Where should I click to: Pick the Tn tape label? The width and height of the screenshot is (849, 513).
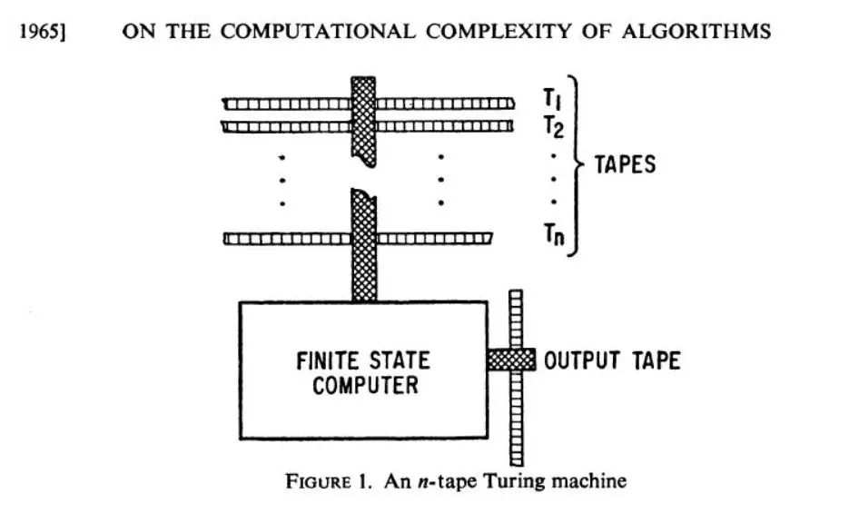point(554,238)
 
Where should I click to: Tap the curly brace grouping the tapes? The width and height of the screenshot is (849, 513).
point(577,165)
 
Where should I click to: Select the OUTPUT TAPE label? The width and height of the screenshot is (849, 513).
point(612,360)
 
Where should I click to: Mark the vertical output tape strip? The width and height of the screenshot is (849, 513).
point(516,418)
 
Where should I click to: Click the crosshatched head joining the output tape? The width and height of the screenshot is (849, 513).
point(511,360)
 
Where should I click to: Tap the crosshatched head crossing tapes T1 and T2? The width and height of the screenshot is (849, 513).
point(363,118)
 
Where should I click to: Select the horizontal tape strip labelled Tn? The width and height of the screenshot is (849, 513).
point(272,239)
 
